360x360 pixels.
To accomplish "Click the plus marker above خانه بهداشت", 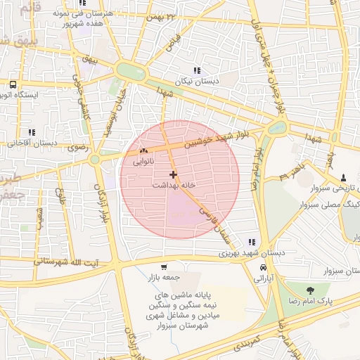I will pyautogui.click(x=174, y=174).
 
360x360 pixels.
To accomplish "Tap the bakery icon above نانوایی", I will pyautogui.click(x=143, y=151).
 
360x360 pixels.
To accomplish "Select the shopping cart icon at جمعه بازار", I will pyautogui.click(x=164, y=266).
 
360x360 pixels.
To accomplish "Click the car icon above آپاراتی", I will pyautogui.click(x=263, y=268).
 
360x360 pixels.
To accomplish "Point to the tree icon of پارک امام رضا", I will pyautogui.click(x=310, y=289).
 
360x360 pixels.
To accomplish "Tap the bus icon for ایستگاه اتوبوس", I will pyautogui.click(x=13, y=84).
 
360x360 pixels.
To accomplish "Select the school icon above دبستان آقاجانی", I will pyautogui.click(x=31, y=131).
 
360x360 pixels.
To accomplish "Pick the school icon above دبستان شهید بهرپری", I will pyautogui.click(x=252, y=242).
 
